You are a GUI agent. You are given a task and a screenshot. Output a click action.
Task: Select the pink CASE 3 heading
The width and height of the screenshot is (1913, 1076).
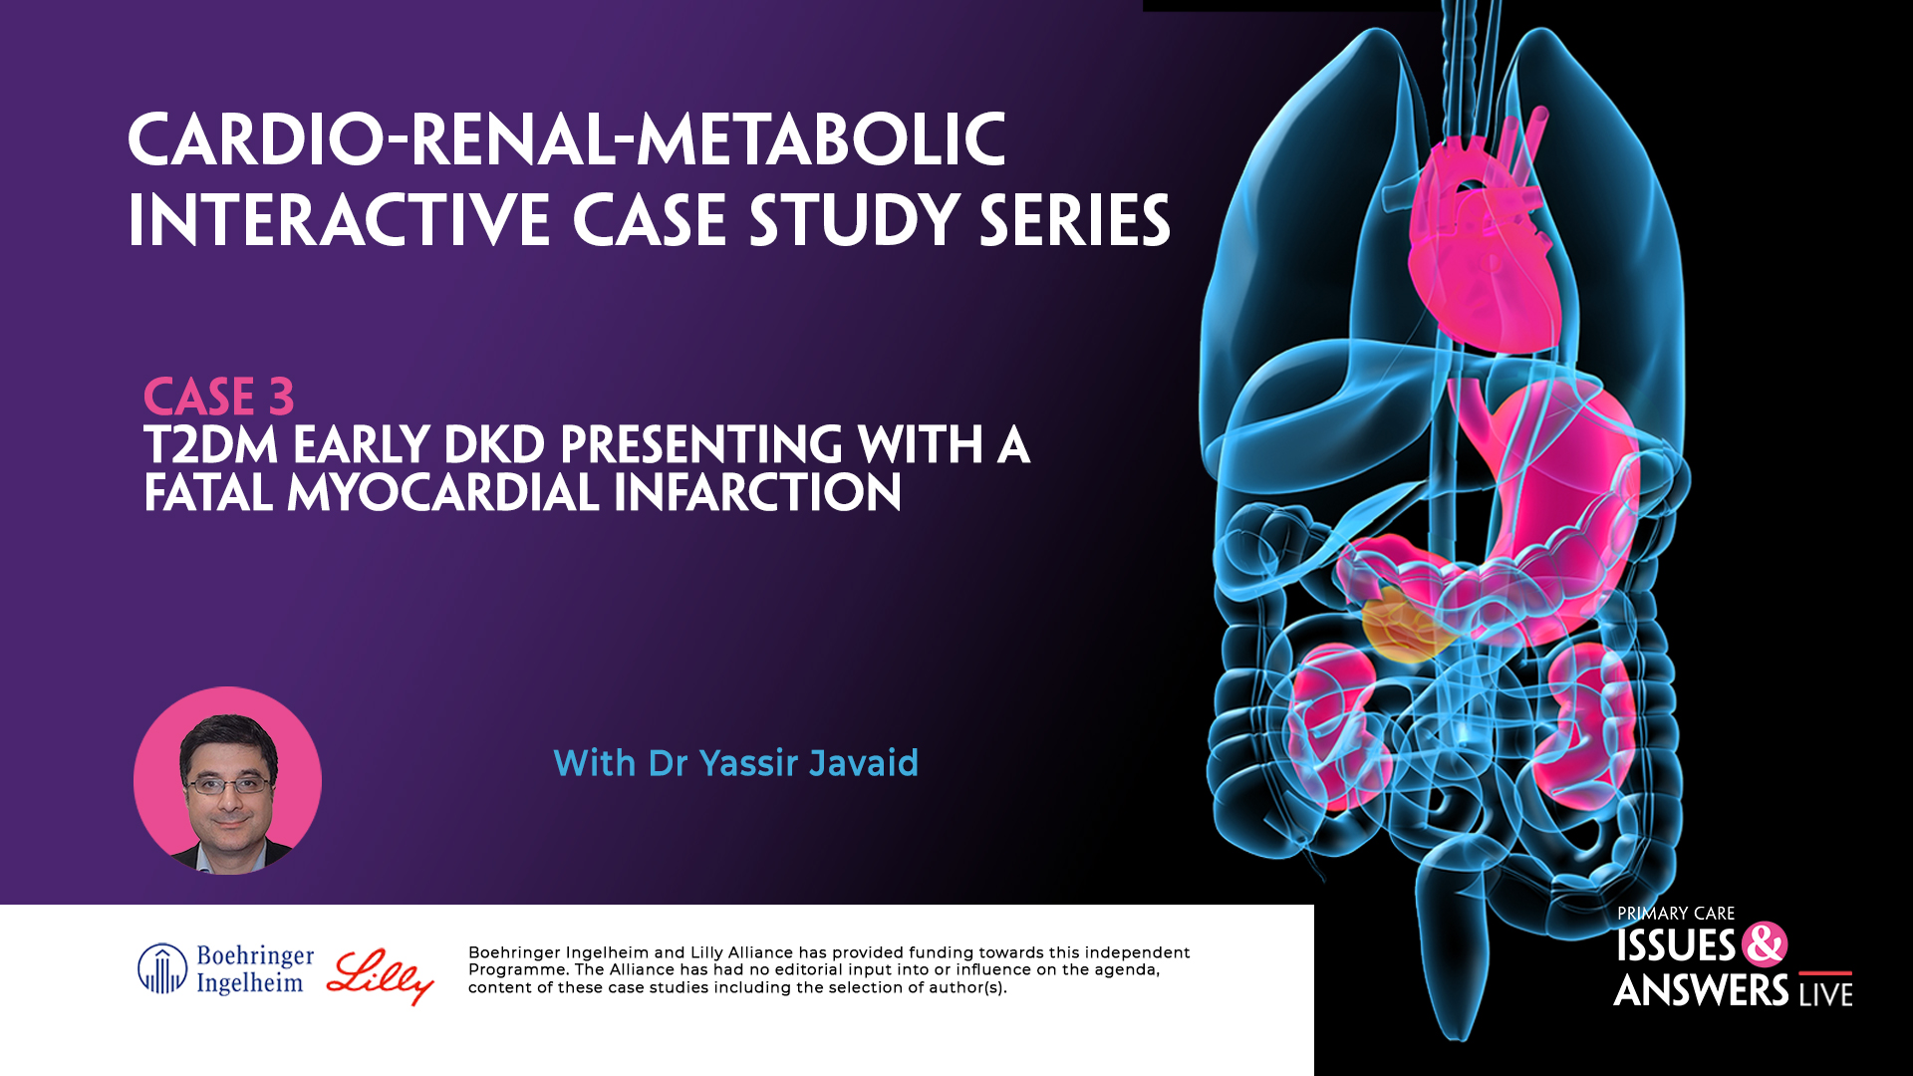point(218,397)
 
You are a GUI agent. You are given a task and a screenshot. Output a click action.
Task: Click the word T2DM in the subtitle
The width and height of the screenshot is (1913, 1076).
point(210,444)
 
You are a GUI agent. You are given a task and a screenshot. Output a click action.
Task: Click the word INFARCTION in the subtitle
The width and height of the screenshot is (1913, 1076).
point(757,493)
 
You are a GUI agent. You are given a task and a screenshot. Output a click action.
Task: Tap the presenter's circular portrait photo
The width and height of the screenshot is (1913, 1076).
point(227,781)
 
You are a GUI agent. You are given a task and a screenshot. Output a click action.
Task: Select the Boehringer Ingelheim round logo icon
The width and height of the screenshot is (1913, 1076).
point(161,969)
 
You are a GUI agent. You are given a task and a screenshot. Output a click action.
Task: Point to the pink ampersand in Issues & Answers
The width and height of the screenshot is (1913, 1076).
point(1765,944)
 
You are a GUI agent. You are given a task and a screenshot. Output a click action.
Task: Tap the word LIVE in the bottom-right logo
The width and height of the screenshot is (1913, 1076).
point(1825,993)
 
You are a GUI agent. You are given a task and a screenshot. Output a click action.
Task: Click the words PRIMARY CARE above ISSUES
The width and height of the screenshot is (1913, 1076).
point(1676,914)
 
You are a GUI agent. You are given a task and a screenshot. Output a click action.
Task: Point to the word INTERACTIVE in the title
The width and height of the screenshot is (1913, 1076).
point(339,221)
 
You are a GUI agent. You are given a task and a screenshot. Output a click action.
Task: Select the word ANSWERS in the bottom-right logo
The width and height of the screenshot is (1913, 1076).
point(1702,991)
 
